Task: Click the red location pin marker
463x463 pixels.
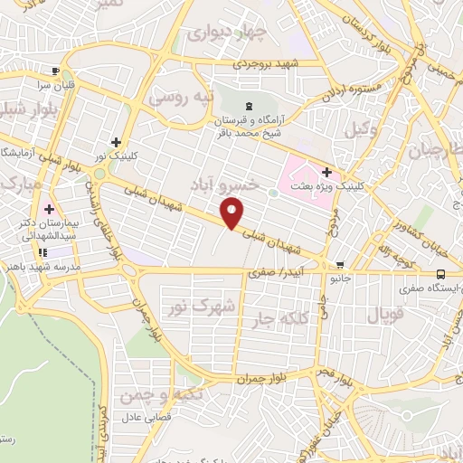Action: tap(232, 213)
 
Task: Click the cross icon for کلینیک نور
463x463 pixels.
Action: tap(116, 142)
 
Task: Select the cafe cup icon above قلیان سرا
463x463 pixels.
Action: tap(55, 71)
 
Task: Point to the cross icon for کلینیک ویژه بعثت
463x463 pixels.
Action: tap(326, 171)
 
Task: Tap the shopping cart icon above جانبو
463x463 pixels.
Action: tap(339, 265)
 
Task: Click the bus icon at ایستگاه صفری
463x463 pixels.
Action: tap(439, 273)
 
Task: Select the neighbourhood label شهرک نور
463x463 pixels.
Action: tap(202, 306)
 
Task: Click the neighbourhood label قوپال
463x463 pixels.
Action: tap(383, 315)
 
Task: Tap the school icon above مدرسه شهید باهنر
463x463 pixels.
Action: tap(42, 252)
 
